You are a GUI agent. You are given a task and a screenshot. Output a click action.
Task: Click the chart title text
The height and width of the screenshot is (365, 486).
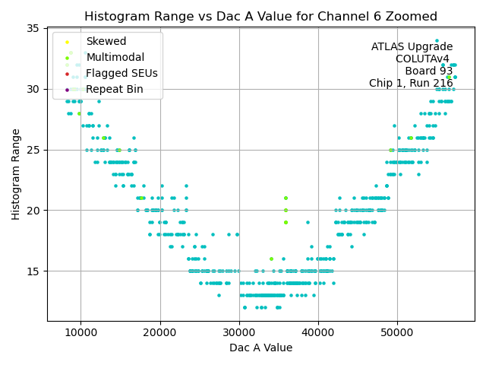point(260,16)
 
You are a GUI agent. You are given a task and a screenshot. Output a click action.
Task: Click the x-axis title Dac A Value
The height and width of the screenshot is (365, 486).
point(260,348)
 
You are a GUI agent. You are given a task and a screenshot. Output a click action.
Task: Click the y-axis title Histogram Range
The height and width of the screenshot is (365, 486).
point(16,174)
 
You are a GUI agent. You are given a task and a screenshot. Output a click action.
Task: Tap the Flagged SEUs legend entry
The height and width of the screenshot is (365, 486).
point(121,73)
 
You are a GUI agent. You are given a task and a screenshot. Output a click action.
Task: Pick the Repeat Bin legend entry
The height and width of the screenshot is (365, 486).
point(114,89)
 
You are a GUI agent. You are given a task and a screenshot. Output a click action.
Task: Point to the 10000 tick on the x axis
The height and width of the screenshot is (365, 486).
point(81,332)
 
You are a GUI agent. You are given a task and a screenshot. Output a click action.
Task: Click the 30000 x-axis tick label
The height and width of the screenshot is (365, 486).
point(239,332)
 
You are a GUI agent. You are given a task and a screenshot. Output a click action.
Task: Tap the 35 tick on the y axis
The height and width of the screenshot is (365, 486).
point(33,29)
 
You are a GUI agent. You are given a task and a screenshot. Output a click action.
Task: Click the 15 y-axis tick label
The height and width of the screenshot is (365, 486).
point(33,271)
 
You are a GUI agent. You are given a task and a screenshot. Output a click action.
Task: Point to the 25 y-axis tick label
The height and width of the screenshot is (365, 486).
point(33,150)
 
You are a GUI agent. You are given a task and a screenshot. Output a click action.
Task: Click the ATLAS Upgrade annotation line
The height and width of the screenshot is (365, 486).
point(412,47)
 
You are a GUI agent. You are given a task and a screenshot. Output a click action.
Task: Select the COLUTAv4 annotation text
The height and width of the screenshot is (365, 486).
point(422,59)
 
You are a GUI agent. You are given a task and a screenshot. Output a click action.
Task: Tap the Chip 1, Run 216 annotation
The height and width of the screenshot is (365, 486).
point(411,84)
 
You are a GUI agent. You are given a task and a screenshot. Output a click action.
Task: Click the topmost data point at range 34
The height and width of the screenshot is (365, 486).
point(437,40)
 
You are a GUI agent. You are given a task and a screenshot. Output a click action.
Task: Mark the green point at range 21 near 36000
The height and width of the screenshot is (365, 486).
point(286,198)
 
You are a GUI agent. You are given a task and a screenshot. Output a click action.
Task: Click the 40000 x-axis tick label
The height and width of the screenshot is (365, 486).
point(318,332)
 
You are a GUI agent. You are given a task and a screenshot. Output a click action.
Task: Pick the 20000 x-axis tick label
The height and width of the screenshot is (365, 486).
point(160,332)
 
